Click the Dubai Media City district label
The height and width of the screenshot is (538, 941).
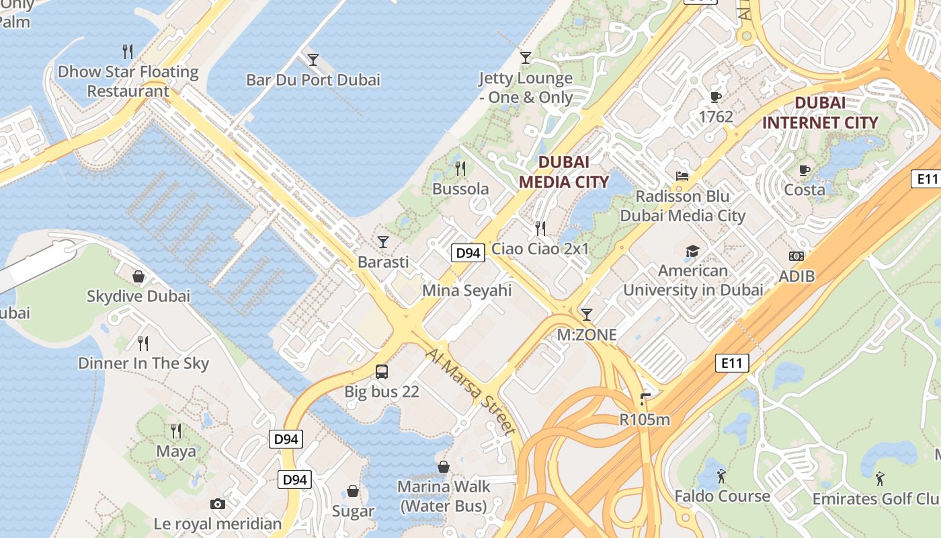pos(564,171)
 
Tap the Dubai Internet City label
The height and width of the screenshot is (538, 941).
pos(820,113)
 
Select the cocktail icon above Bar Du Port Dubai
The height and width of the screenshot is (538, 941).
pos(313,60)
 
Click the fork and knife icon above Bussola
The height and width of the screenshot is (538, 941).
pos(460,168)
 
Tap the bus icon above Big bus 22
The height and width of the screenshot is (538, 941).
pos(381,371)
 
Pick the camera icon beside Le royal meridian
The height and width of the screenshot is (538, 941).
pos(217,504)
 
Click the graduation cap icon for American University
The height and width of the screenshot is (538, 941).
pos(692,252)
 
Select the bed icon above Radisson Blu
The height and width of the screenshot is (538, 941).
pos(682,176)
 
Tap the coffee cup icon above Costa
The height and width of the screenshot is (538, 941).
pos(805,170)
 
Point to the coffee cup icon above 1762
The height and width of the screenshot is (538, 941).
pos(716,97)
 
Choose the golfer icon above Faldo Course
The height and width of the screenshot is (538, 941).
pos(722,476)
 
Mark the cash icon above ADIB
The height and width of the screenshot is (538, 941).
pos(796,256)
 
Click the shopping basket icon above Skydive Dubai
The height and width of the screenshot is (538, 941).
pos(138,276)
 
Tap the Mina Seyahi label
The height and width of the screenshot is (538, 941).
pos(466,291)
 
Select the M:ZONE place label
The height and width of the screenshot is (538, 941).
pos(587,334)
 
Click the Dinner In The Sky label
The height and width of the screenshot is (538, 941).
pos(144,363)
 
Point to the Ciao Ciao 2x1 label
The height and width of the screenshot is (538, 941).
pos(540,249)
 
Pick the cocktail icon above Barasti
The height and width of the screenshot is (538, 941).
pos(383,241)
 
